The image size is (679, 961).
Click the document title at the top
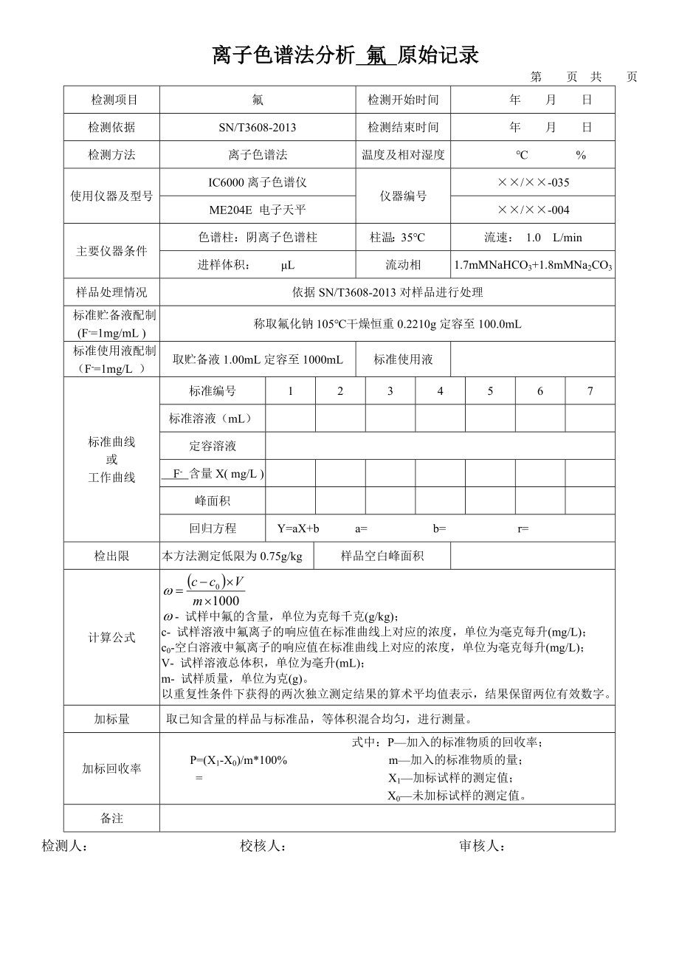[x=345, y=55]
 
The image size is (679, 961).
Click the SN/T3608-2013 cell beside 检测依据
[x=258, y=128]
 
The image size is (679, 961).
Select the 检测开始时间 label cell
[x=403, y=100]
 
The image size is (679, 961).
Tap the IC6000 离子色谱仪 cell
[x=258, y=182]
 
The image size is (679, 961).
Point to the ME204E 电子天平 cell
[x=258, y=210]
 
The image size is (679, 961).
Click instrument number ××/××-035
[x=533, y=182]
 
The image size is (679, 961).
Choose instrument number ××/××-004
[x=533, y=210]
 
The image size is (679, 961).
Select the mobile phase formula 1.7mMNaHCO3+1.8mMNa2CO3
[x=533, y=265]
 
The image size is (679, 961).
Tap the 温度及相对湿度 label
[x=403, y=155]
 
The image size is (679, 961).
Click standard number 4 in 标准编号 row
[x=440, y=391]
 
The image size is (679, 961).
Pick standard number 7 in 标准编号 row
[x=590, y=391]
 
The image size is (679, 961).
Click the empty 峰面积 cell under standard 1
[x=290, y=501]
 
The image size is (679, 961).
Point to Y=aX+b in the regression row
[x=298, y=528]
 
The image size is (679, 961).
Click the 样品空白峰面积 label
[x=382, y=556]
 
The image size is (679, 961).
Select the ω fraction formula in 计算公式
[x=204, y=590]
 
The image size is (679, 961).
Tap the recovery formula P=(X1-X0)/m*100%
[x=238, y=760]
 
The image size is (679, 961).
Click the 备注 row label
[x=111, y=819]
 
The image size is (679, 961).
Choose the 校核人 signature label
[x=263, y=847]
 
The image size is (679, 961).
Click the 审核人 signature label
[x=482, y=847]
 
